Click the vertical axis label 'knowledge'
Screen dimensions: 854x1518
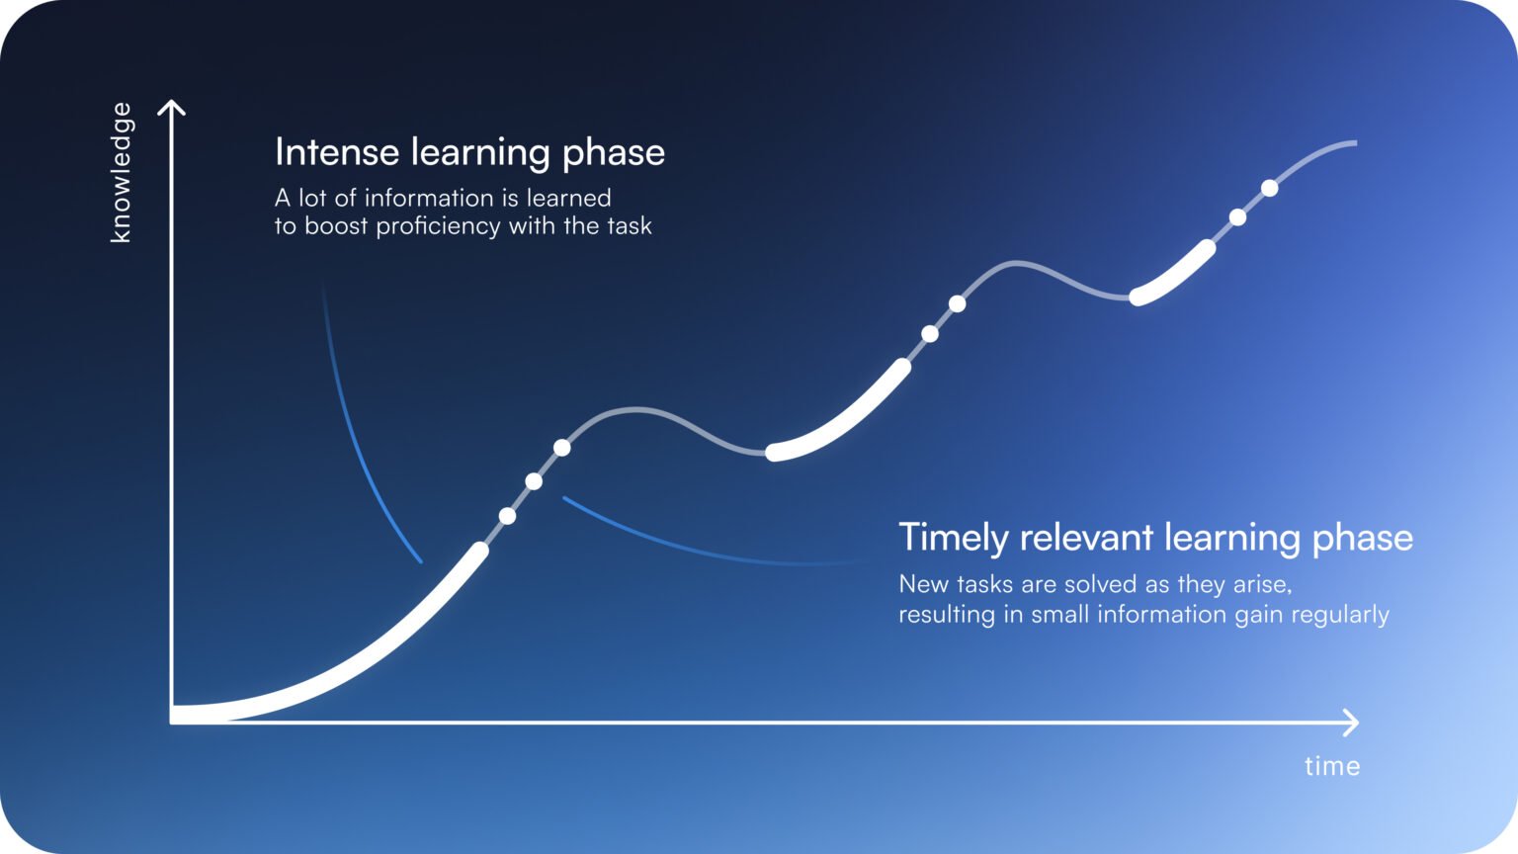coord(121,172)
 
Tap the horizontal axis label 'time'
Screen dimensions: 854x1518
coord(1331,766)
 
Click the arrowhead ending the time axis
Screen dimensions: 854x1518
coord(1352,723)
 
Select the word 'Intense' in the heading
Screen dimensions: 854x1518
coord(337,152)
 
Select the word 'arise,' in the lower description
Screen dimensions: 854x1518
coord(1262,584)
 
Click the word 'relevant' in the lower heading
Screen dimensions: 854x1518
coord(1086,538)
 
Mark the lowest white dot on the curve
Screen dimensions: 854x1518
coord(507,516)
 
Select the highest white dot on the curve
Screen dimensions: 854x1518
coord(1269,188)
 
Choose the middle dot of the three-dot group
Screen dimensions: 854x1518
coord(534,481)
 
